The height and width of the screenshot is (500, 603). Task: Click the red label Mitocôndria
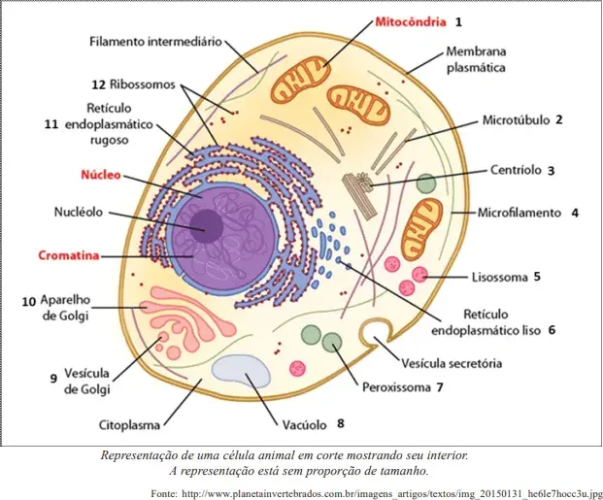(x=411, y=22)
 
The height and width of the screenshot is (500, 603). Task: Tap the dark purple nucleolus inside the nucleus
(x=207, y=226)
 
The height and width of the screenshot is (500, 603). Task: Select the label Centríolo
(x=516, y=170)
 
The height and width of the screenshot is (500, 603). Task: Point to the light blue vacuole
(x=241, y=372)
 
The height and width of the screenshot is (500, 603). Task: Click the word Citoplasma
(x=129, y=425)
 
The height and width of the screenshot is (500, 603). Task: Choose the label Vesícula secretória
(x=452, y=363)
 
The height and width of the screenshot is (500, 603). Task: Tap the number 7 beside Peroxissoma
(x=440, y=387)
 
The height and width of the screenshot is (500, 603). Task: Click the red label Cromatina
(x=69, y=255)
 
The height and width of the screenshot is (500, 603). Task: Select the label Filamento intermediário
(x=155, y=41)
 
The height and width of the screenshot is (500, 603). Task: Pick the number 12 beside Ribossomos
(x=98, y=84)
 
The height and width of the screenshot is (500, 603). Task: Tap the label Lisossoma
(x=499, y=278)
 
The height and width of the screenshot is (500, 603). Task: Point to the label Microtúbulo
(x=516, y=120)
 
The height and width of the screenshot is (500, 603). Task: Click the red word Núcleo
(x=101, y=175)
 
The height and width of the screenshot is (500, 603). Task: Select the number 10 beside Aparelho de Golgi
(x=28, y=302)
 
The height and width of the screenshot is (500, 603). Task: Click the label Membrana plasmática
(x=476, y=59)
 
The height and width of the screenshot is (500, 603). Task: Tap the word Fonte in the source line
(x=164, y=493)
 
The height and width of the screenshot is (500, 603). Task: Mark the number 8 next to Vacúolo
(x=341, y=423)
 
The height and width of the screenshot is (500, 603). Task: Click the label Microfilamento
(x=519, y=213)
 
